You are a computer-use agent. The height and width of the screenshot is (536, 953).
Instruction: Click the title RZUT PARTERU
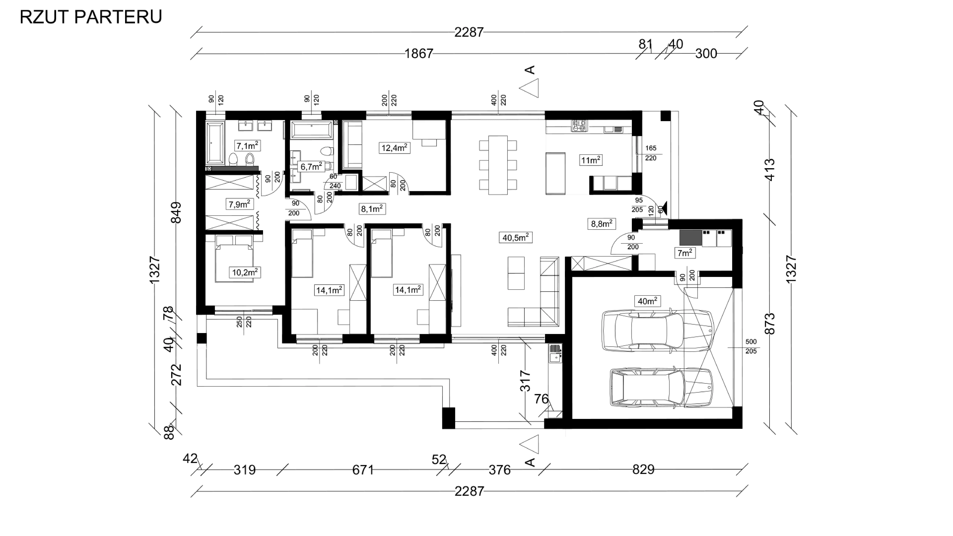91,17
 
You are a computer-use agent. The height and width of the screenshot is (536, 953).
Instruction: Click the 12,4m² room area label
394,148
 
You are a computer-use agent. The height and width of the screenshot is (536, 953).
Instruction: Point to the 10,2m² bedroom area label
245,273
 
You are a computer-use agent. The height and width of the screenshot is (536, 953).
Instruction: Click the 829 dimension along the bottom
643,469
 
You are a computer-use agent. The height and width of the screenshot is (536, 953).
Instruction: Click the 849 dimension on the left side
177,212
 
